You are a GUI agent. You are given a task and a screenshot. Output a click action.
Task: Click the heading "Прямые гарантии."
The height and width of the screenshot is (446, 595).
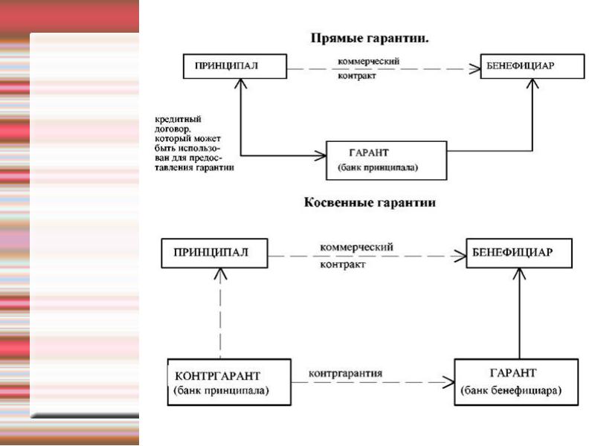click(x=370, y=39)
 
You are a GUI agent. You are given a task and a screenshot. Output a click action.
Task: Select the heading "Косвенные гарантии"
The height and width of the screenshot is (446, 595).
click(x=370, y=202)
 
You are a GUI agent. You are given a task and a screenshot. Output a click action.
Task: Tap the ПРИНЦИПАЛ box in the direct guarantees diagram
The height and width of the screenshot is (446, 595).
click(x=235, y=66)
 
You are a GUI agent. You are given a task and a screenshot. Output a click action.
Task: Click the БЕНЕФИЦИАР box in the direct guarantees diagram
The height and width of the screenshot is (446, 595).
click(x=533, y=66)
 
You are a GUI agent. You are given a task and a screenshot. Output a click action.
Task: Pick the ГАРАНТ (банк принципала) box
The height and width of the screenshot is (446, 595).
click(x=386, y=161)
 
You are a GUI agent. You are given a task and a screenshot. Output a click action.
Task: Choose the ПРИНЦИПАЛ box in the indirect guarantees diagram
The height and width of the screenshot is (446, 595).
click(x=214, y=253)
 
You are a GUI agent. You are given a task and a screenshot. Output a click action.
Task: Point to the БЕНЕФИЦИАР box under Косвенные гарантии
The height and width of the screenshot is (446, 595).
click(x=519, y=253)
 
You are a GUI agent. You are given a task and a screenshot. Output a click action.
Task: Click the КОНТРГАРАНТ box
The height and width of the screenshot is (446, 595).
click(x=229, y=382)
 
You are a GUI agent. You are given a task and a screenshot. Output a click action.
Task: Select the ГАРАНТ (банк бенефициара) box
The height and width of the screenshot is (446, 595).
click(x=516, y=382)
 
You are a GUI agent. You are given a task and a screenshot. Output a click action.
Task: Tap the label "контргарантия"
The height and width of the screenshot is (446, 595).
click(x=345, y=373)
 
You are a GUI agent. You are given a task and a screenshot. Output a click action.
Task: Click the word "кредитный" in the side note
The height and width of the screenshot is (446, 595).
click(x=178, y=119)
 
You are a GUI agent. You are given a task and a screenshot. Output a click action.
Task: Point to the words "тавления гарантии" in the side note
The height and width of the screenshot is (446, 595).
click(x=194, y=167)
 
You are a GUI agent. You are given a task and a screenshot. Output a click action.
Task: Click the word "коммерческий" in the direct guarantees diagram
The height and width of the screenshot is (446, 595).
click(x=368, y=61)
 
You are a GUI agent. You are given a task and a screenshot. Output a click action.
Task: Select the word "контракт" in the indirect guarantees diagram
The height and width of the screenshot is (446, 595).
click(x=343, y=265)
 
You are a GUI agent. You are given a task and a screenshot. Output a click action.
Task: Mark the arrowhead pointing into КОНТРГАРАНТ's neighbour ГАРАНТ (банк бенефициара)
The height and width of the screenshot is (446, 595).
click(x=448, y=382)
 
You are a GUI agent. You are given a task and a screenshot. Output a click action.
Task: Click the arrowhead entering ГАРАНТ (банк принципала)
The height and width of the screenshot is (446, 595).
click(x=321, y=155)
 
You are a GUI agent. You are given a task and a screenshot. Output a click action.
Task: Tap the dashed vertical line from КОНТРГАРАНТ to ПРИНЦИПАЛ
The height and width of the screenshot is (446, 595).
click(x=220, y=314)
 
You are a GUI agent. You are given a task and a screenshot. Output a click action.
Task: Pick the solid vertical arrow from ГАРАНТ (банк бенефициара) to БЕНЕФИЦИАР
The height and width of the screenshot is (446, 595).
click(x=519, y=314)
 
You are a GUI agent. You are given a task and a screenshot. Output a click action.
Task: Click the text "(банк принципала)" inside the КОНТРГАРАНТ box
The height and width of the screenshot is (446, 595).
click(x=221, y=391)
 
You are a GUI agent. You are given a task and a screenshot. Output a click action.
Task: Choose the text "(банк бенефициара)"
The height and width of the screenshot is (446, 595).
click(x=511, y=391)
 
